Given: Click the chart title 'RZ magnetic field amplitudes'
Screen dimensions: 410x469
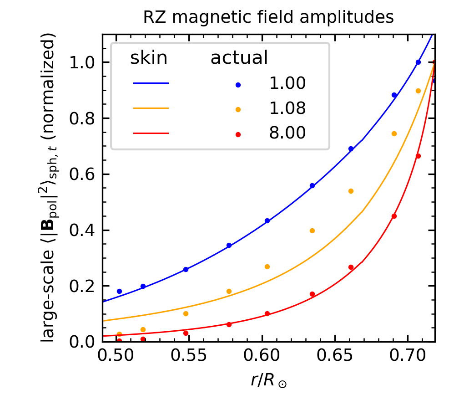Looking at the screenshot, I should (268, 17).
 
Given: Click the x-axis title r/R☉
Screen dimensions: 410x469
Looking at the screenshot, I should (268, 380).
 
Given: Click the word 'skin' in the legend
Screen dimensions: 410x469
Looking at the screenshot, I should (149, 58).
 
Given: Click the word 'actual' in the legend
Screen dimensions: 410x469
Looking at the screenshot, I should (238, 58).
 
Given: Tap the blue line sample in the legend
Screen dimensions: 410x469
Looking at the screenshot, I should (151, 83).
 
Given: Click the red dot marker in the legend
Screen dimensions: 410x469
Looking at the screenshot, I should (238, 134).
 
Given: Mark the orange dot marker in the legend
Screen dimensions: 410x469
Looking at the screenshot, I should (238, 109).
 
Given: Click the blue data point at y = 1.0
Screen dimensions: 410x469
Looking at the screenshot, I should (418, 62).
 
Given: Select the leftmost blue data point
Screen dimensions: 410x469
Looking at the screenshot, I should (119, 291).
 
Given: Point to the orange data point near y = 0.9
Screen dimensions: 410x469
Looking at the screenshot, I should (418, 91).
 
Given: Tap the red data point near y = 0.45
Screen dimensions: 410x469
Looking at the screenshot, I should (394, 216).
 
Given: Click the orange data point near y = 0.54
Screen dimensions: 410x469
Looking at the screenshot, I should (351, 191).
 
